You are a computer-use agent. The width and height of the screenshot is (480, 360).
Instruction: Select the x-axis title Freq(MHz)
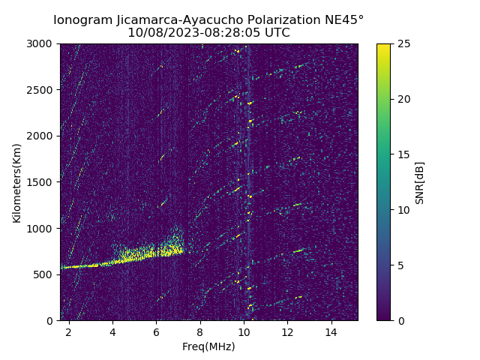pos(208,346)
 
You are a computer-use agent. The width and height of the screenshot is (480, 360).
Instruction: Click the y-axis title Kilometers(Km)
pos(16,182)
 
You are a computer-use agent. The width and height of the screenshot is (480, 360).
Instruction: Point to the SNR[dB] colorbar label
pos(420,182)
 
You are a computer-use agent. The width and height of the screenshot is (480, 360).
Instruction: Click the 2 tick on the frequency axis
pos(69,331)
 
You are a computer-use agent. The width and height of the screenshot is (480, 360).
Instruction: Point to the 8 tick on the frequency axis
pos(199,331)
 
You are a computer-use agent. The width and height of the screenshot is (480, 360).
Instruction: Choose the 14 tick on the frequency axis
pos(331,331)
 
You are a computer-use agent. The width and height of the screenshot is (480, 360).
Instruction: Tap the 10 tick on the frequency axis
pos(243,331)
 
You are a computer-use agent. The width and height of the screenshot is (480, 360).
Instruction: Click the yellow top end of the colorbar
pos(383,46)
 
